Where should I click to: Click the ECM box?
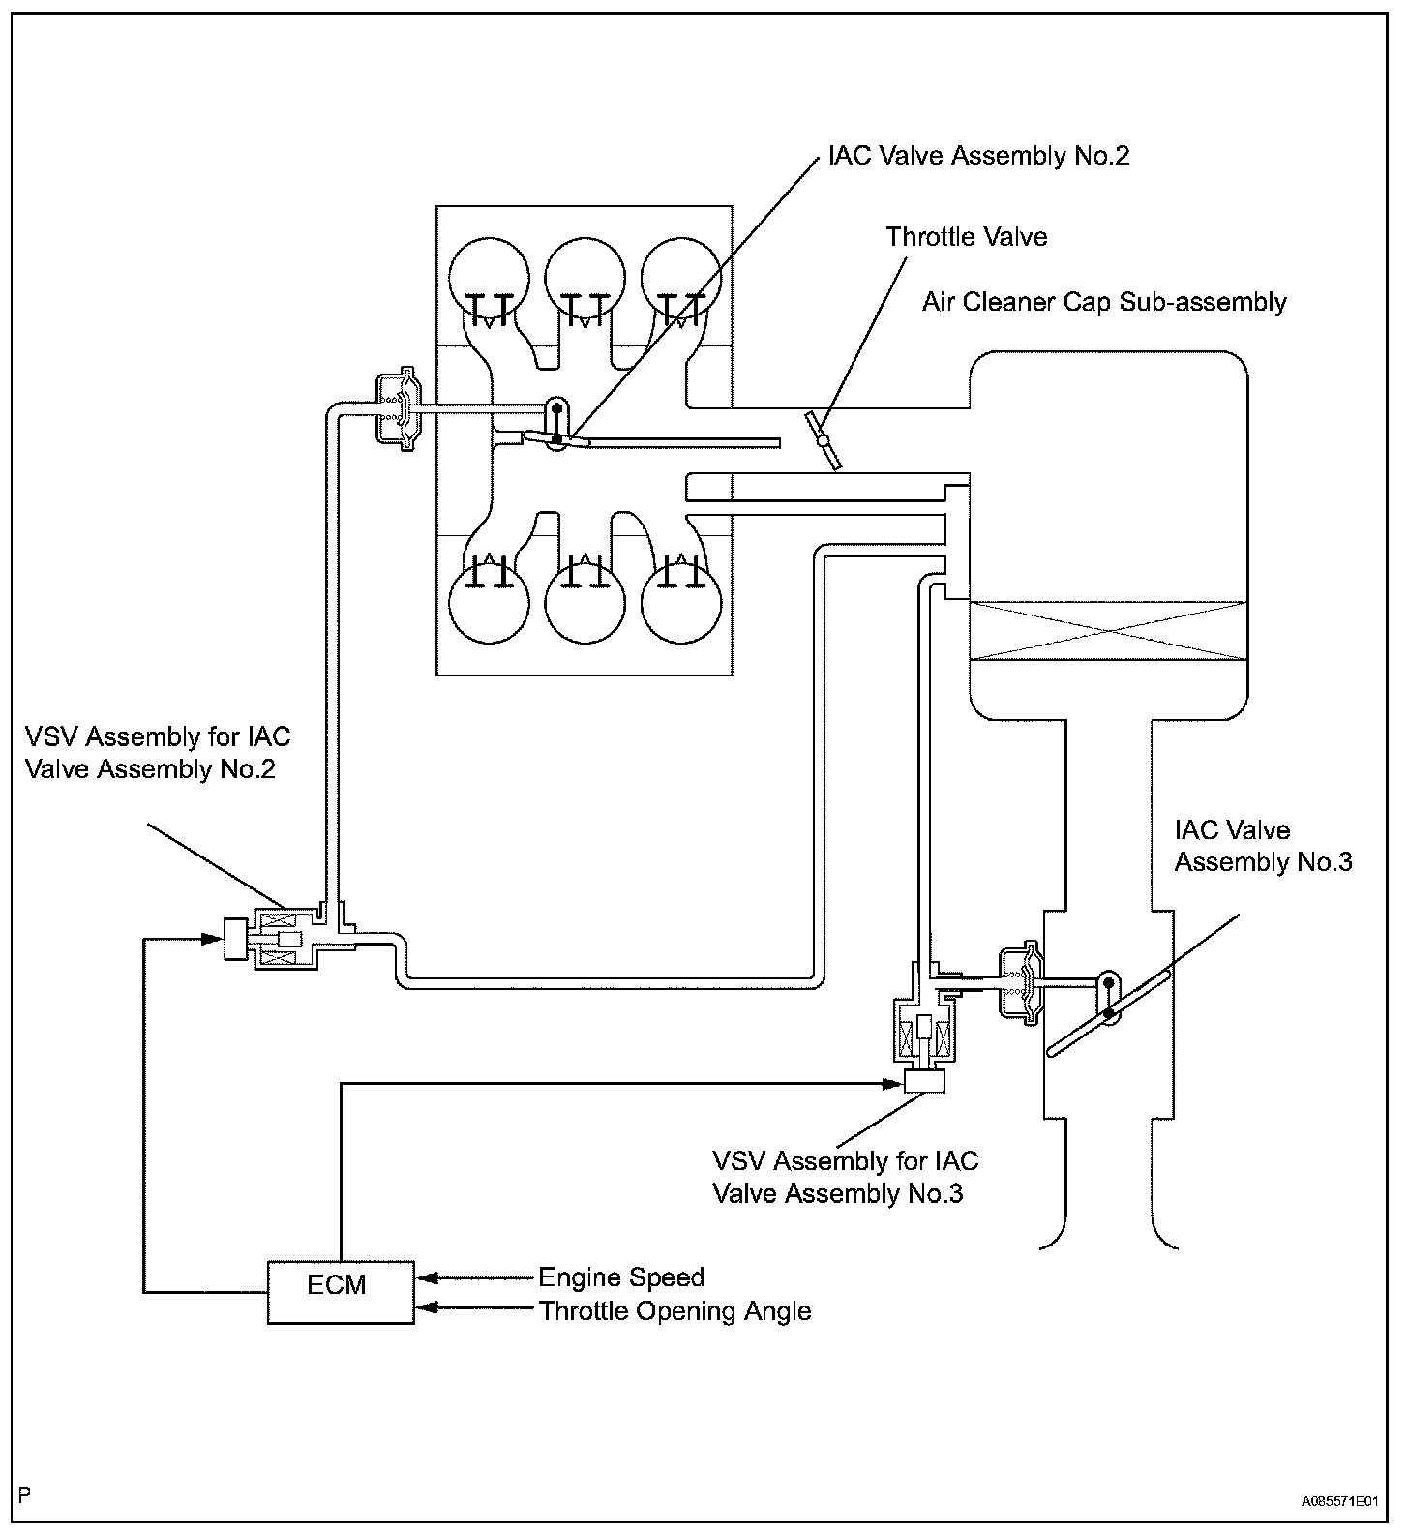point(340,1291)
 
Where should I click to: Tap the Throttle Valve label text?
point(966,237)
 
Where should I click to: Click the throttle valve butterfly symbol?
point(823,441)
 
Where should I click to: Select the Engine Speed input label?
point(620,1277)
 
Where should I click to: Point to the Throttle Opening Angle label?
point(675,1311)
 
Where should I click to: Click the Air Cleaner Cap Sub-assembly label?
point(1103,302)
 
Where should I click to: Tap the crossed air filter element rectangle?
point(1107,631)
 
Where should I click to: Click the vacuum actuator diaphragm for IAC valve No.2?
point(398,407)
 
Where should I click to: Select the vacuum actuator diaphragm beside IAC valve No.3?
point(1020,981)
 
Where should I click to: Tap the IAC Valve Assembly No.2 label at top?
point(977,156)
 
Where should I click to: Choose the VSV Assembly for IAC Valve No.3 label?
point(844,1177)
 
